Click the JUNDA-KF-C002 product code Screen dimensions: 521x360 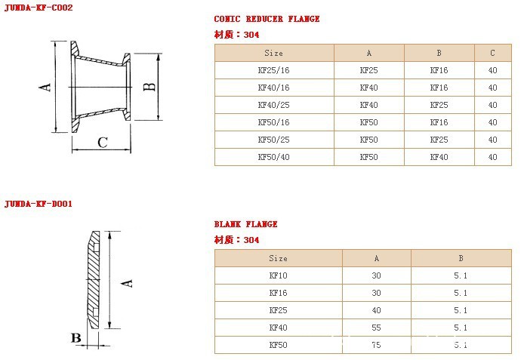click(39, 8)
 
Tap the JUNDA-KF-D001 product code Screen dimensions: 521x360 click(39, 203)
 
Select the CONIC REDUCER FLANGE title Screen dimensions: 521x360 click(267, 19)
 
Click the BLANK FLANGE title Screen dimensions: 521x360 click(245, 224)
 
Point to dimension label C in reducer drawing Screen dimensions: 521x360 click(103, 143)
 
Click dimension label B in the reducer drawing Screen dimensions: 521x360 click(150, 86)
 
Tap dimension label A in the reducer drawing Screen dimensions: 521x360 click(45, 87)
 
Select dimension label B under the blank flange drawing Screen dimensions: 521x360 click(76, 338)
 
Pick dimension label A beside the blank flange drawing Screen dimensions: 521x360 click(127, 283)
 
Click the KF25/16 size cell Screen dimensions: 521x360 click(274, 70)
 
